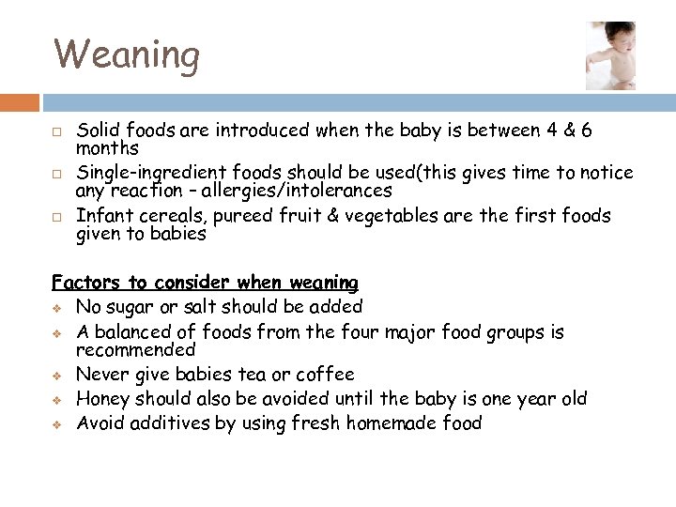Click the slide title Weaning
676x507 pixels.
127,54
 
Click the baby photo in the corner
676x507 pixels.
609,55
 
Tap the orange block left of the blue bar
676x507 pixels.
20,102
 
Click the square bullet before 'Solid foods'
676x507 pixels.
57,131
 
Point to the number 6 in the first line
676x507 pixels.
586,130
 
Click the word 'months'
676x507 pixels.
107,148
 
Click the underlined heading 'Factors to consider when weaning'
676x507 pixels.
205,283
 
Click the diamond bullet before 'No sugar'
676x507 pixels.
58,307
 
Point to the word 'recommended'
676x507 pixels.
135,350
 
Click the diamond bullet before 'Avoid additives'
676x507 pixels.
58,424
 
